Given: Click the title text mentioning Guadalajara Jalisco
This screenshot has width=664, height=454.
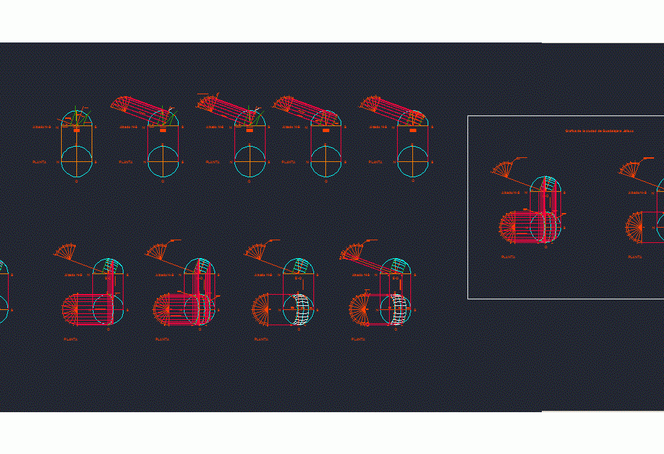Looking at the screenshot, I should tap(599, 131).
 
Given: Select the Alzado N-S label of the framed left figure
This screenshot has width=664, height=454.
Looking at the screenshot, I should tap(511, 192).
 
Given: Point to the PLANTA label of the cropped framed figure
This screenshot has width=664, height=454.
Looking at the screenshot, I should tap(635, 256).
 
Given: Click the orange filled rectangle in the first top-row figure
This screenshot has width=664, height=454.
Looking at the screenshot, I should tap(77, 131).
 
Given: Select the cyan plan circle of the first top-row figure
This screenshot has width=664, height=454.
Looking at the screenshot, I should tap(77, 161).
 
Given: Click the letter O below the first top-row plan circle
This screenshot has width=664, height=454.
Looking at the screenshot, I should tap(77, 181).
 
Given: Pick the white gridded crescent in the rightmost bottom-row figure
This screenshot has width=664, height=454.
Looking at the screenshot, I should tap(400, 309).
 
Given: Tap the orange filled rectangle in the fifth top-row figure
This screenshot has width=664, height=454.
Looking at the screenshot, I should tap(413, 131).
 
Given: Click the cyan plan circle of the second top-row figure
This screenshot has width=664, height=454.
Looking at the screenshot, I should tap(163, 161).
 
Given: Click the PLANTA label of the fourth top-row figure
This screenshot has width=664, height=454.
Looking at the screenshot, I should tap(290, 161).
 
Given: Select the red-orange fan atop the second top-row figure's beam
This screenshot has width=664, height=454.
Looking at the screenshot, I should tap(121, 103).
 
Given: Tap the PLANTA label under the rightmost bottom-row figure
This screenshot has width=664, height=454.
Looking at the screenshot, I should tap(359, 339).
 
